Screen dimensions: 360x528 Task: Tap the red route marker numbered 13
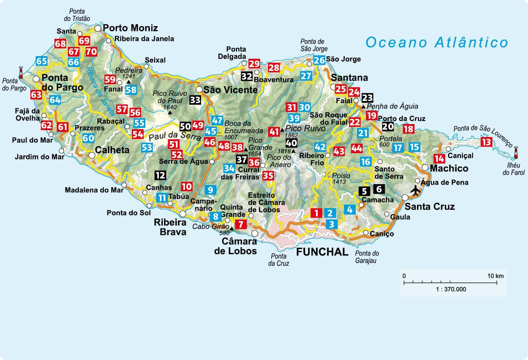(x=486, y=142)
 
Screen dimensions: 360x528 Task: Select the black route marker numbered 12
(x=160, y=175)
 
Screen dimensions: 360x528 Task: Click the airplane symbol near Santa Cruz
(x=416, y=190)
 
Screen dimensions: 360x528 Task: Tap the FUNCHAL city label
(x=323, y=252)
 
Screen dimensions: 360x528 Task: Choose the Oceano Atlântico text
(x=437, y=42)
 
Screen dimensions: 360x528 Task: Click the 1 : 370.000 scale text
(x=452, y=289)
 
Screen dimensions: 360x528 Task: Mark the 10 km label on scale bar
(x=495, y=276)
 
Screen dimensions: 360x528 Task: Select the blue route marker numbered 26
(x=319, y=60)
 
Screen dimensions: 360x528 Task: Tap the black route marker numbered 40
(x=292, y=142)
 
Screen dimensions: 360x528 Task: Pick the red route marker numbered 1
(x=316, y=213)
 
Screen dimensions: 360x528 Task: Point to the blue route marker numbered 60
(x=88, y=138)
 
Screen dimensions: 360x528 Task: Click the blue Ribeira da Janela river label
(x=100, y=91)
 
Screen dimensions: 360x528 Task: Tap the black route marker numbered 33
(x=195, y=100)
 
